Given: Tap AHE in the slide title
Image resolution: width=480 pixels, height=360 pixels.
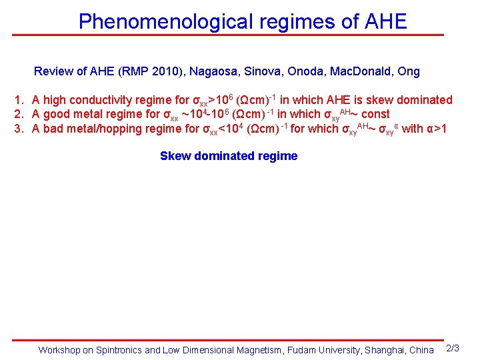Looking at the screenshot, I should [x=386, y=21].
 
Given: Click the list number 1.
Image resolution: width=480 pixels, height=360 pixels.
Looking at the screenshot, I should [x=19, y=100].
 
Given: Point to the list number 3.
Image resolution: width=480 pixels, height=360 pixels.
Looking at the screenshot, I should [x=19, y=129].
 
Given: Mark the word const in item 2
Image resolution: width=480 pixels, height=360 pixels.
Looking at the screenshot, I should [x=375, y=114].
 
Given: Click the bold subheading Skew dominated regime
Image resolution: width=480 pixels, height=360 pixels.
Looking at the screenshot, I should [x=229, y=156].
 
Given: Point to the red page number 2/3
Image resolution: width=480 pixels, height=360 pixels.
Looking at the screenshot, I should [x=452, y=349].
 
